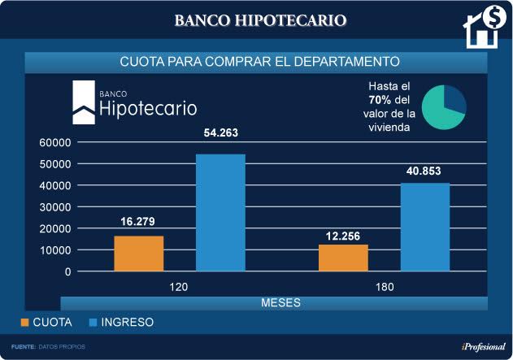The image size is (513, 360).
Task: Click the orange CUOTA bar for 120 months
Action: (139, 254)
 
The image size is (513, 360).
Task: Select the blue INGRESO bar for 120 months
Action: (220, 213)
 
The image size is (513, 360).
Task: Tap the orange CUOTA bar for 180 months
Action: (343, 258)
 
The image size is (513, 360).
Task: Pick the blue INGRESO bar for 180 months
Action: (424, 227)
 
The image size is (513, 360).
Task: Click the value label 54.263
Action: (220, 133)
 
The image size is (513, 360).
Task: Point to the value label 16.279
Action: (138, 221)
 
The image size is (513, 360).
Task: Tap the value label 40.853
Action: (425, 170)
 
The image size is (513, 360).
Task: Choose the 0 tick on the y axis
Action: (68, 271)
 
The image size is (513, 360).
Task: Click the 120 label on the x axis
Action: (180, 287)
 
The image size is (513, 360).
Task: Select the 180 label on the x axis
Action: (384, 287)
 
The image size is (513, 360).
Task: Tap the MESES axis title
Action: (280, 303)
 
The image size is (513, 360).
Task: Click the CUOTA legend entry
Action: (46, 323)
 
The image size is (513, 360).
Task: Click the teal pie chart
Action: (444, 106)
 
